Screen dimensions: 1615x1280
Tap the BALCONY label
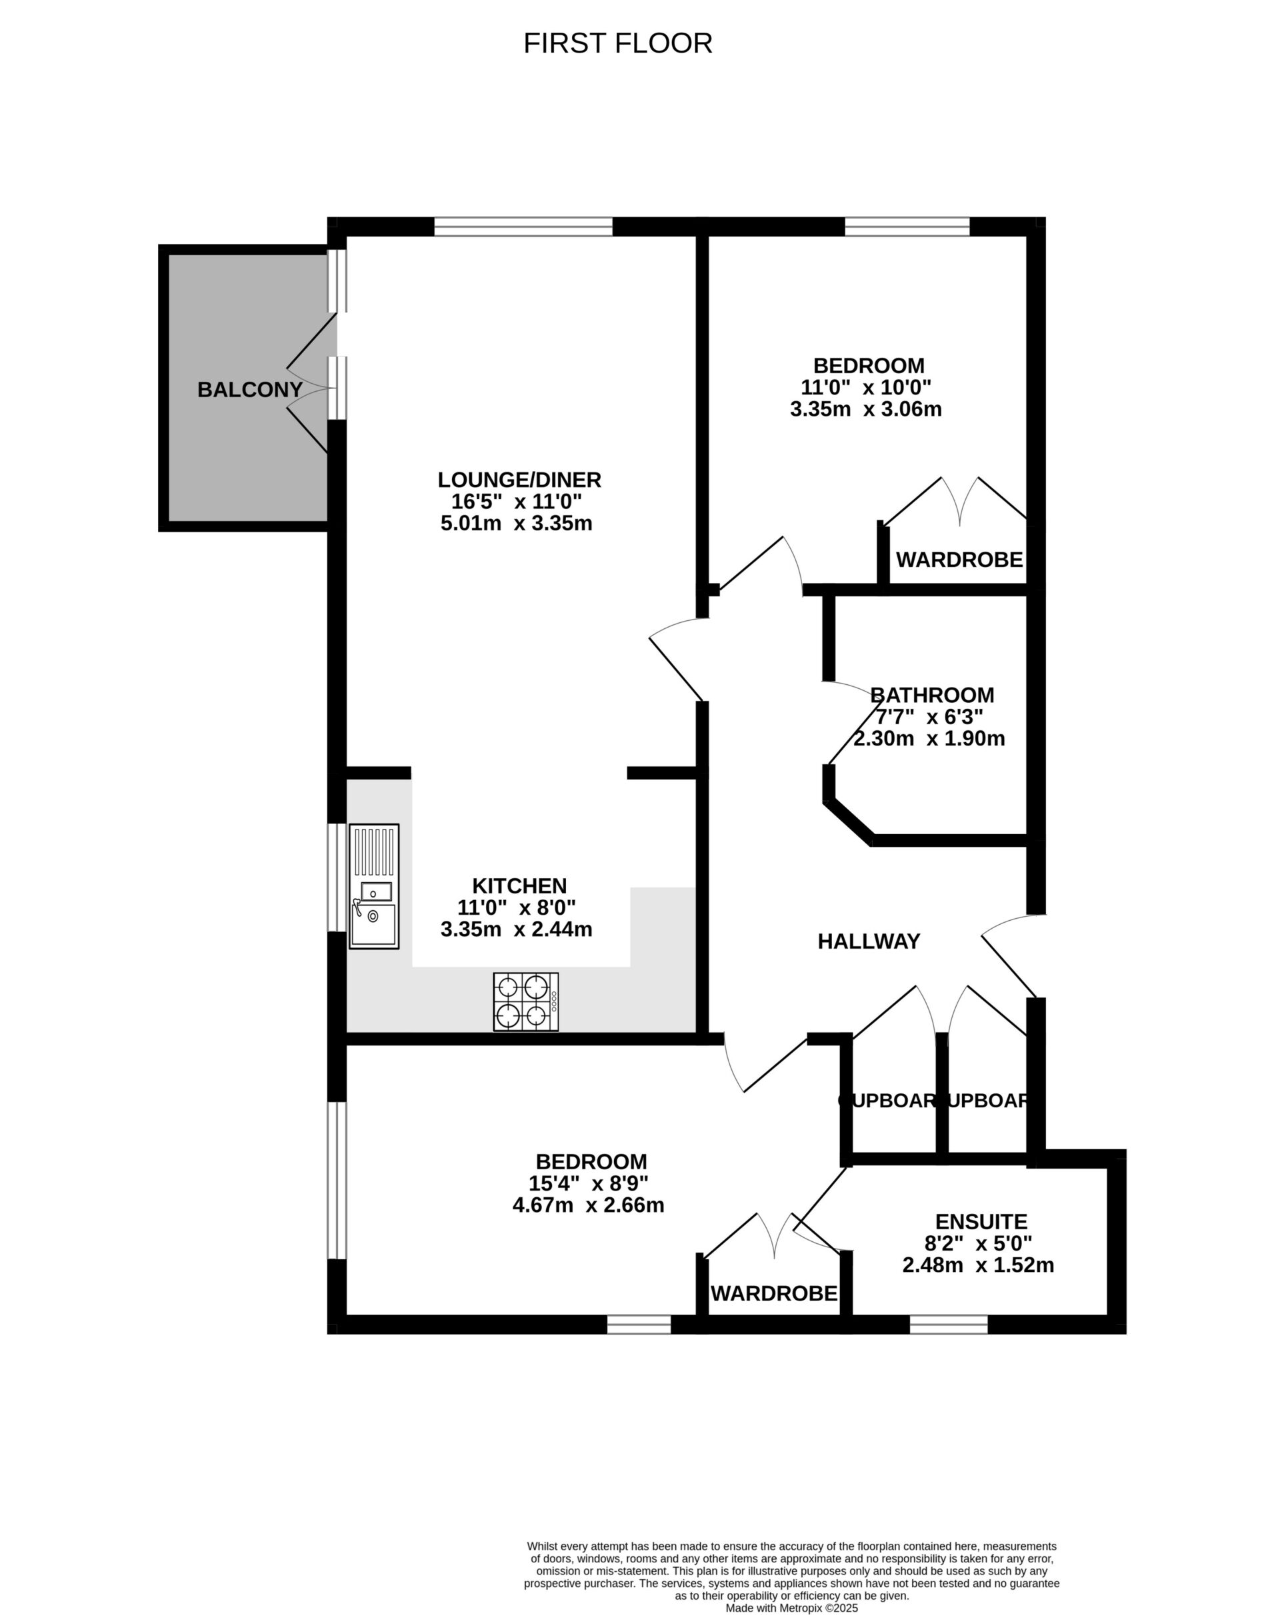pyautogui.click(x=249, y=390)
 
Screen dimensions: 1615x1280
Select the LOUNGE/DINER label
pyautogui.click(x=519, y=480)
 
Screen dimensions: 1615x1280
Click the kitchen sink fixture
pyautogui.click(x=374, y=886)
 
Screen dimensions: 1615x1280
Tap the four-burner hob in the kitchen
pyautogui.click(x=525, y=1001)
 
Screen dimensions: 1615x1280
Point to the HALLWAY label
pyautogui.click(x=869, y=941)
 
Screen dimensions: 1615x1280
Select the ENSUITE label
pyautogui.click(x=981, y=1222)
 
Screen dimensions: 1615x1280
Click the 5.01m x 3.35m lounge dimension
pyautogui.click(x=517, y=523)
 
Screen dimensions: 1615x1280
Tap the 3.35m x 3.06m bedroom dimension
pyautogui.click(x=865, y=409)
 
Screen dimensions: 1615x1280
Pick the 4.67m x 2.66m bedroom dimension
pyautogui.click(x=588, y=1205)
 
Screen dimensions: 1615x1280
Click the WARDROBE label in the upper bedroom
pyautogui.click(x=959, y=560)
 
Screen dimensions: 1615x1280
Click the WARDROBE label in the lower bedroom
pyautogui.click(x=774, y=1293)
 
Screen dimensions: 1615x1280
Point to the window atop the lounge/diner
pyautogui.click(x=523, y=227)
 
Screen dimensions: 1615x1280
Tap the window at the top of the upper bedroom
pyautogui.click(x=907, y=227)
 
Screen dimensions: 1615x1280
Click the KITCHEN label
pyautogui.click(x=519, y=885)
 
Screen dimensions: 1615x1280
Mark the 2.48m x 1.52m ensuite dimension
pyautogui.click(x=978, y=1265)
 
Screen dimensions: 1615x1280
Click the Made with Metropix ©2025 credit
pyautogui.click(x=791, y=1608)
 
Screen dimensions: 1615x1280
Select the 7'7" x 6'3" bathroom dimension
pyautogui.click(x=929, y=717)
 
